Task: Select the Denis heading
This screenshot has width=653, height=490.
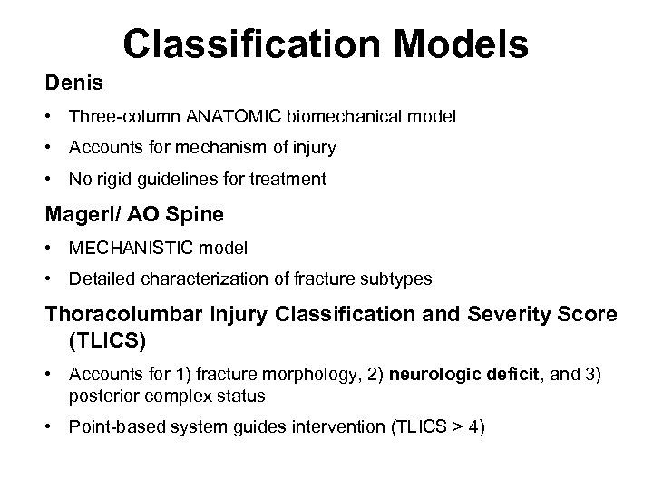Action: [x=75, y=83]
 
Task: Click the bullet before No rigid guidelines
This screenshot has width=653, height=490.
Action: [x=53, y=180]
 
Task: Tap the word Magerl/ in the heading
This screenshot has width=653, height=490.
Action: [x=78, y=215]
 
